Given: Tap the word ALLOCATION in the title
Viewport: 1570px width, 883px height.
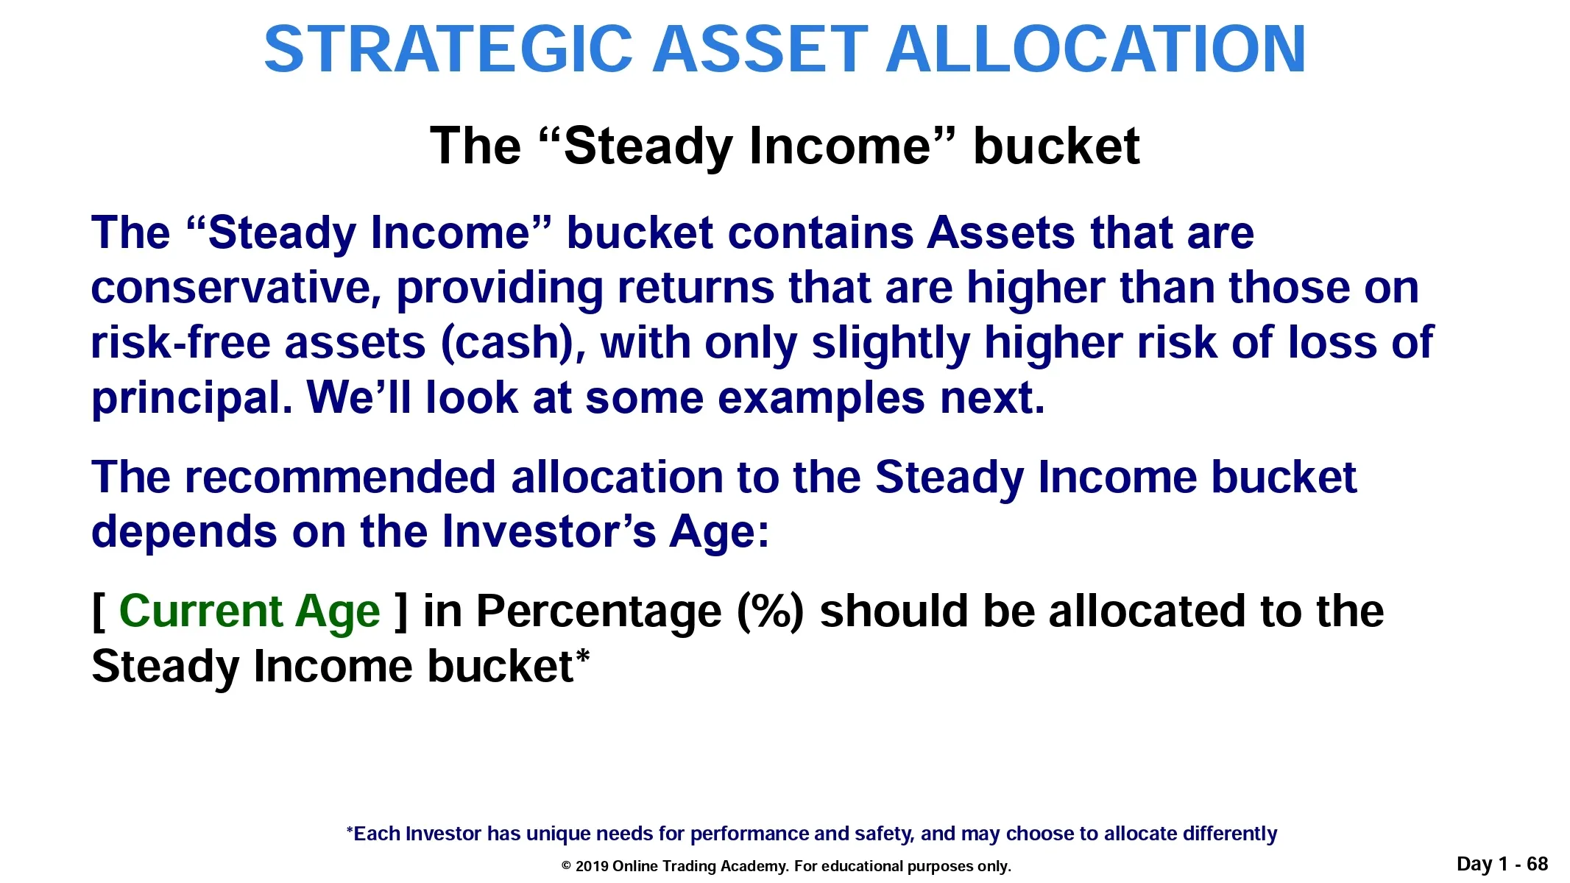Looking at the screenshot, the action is point(1096,49).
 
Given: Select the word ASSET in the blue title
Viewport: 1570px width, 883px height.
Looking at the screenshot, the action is point(760,49).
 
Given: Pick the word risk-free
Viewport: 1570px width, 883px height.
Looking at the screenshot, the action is point(180,343).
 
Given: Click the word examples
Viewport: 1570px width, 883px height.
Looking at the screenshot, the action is point(821,399).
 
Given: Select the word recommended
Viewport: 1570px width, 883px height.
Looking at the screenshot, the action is point(340,477).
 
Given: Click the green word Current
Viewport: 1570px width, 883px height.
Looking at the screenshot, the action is point(200,611).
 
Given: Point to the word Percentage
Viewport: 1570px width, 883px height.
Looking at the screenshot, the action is point(598,612).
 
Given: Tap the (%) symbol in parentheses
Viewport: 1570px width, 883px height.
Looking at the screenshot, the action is point(771,612).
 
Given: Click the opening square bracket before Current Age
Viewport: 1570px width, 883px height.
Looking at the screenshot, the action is point(99,612).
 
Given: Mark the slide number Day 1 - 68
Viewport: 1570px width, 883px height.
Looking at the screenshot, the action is point(1502,864).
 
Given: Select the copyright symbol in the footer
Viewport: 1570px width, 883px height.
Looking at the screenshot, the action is point(567,866).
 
